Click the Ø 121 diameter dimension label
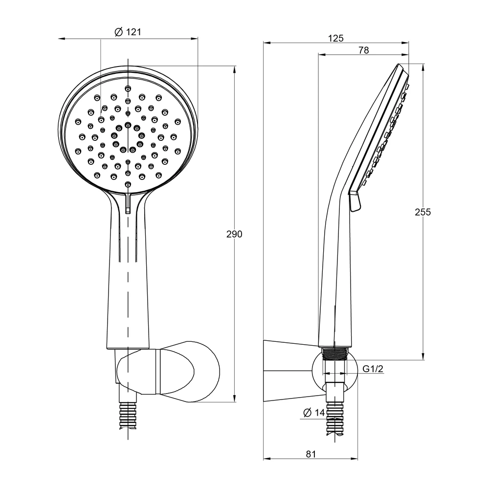[x=128, y=32]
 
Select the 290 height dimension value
[x=234, y=234]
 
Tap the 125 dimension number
[x=336, y=38]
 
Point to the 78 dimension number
[x=364, y=50]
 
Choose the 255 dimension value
[x=422, y=212]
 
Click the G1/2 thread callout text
[x=373, y=369]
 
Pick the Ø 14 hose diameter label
[x=314, y=412]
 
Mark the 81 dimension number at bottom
[x=311, y=454]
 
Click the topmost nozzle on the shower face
[x=128, y=89]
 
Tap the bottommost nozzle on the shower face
[x=128, y=185]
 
